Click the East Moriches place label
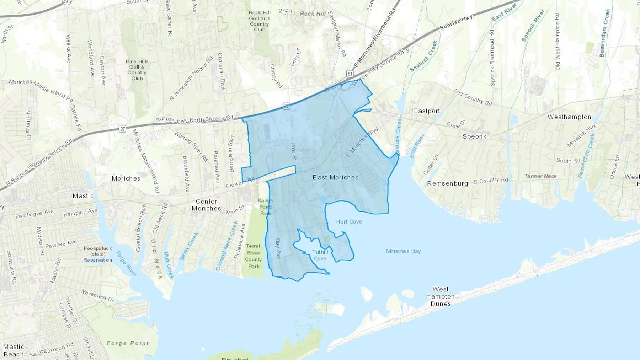[x=335, y=177]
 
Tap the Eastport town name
[x=426, y=111]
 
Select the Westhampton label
[x=569, y=117]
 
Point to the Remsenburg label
[x=447, y=183]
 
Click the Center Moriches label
[x=206, y=205]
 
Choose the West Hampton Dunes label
[x=441, y=296]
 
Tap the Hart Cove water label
[x=349, y=222]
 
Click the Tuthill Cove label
[x=320, y=255]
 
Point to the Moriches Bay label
[x=404, y=251]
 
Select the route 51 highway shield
[x=350, y=74]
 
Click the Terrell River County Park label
[x=254, y=256]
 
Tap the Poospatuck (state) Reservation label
[x=98, y=254]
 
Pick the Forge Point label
[x=128, y=343]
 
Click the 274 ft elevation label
[x=286, y=11]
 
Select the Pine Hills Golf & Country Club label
[x=137, y=70]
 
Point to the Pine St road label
[x=294, y=151]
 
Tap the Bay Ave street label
[x=278, y=248]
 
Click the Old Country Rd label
[x=473, y=97]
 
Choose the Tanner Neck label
[x=540, y=176]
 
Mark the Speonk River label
[x=533, y=26]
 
